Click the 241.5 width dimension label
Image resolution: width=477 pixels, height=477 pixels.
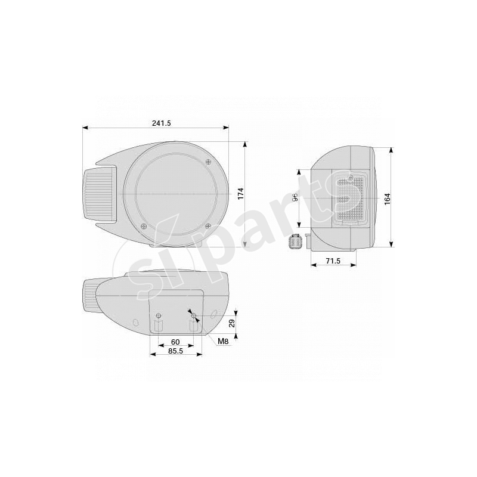[161, 123]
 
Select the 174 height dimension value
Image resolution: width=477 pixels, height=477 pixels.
[241, 193]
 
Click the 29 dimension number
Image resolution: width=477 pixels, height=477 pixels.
[232, 323]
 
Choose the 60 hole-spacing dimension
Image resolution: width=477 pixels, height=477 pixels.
[175, 342]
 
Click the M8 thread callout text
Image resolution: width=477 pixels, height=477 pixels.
[223, 341]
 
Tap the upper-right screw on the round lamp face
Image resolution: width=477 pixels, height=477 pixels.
[207, 162]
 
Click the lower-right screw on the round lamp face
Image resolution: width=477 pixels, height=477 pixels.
[207, 226]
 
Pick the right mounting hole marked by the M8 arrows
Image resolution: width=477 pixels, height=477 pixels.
[193, 315]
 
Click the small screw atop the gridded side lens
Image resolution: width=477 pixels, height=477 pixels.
[351, 178]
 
